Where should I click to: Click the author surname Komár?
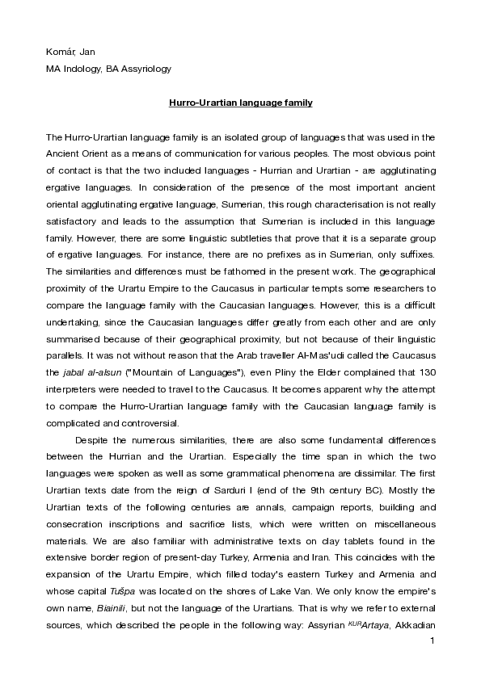[x=59, y=52]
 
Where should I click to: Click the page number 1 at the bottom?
[x=432, y=641]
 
